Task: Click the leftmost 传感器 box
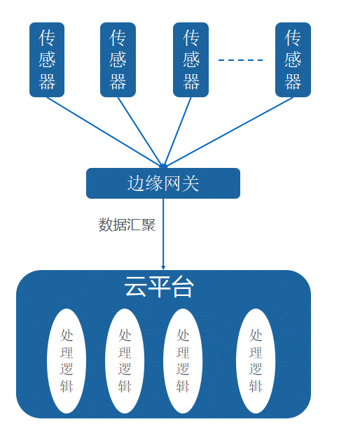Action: tap(47, 59)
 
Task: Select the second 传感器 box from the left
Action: tap(118, 59)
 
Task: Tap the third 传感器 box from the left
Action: tap(191, 59)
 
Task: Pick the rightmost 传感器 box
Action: tap(293, 59)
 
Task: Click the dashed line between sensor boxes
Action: tap(240, 59)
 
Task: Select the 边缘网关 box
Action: tap(163, 183)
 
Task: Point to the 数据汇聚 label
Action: tap(127, 225)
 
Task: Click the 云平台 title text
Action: tap(159, 287)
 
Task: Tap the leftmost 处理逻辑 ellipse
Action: tap(67, 360)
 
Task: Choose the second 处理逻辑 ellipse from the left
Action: tap(125, 360)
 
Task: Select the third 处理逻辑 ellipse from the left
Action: tap(183, 360)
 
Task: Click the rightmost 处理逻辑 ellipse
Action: tap(256, 360)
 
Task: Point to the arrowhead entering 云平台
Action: tap(163, 268)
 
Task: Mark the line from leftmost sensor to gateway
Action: tap(105, 132)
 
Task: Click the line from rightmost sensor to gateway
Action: tap(229, 132)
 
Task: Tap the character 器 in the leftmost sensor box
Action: tap(47, 82)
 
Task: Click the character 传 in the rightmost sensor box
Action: tap(293, 38)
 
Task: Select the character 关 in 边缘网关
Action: tap(191, 183)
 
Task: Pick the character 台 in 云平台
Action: tap(182, 287)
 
